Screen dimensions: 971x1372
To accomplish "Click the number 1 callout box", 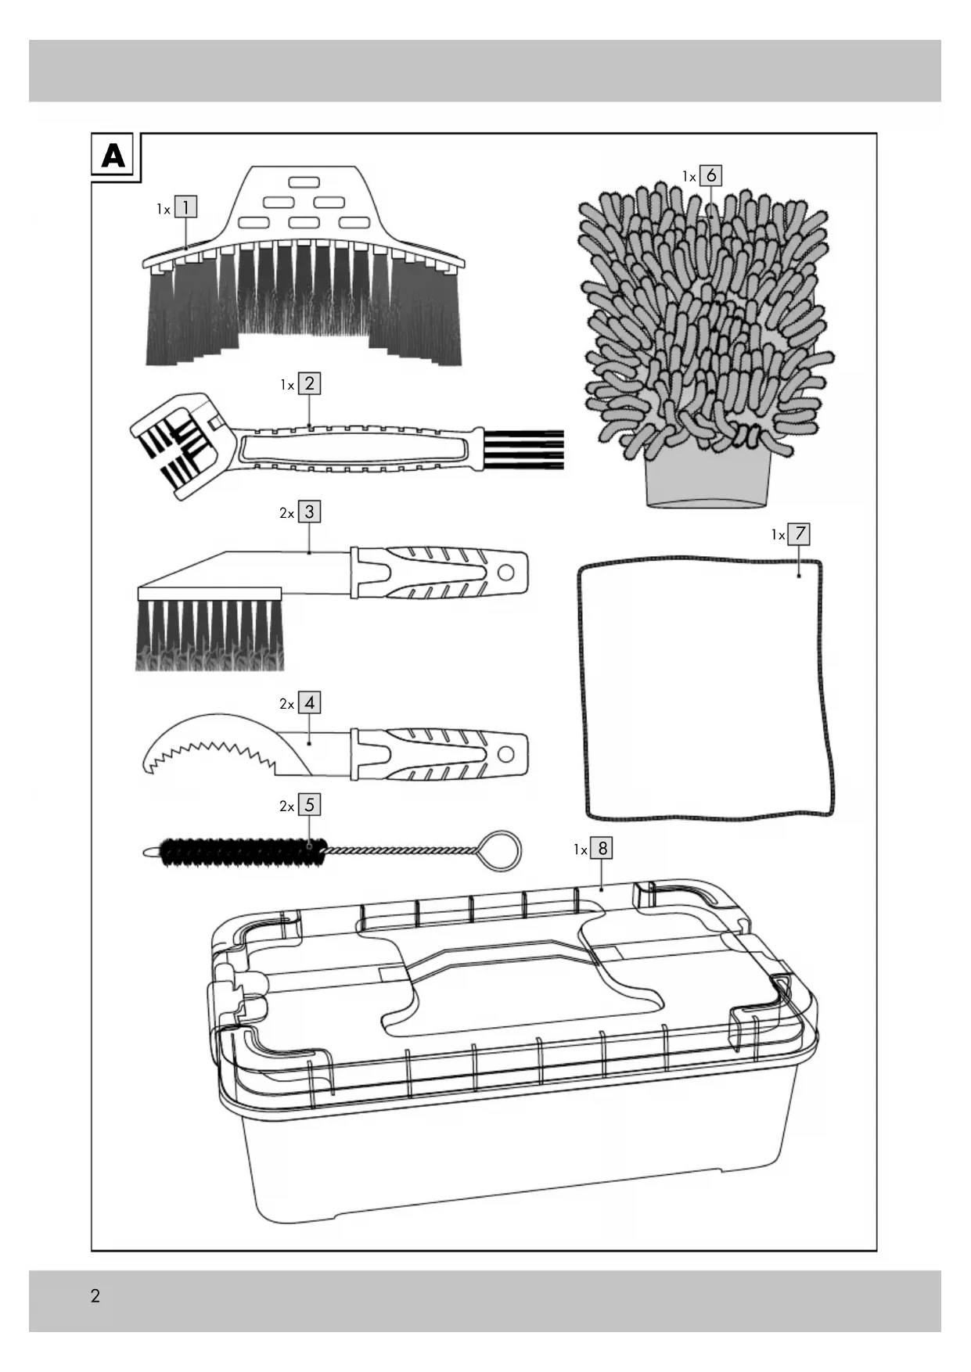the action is click(x=185, y=207).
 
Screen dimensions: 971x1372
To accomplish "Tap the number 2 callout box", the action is click(x=310, y=383).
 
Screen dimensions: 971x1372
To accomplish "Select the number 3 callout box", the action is click(x=310, y=512).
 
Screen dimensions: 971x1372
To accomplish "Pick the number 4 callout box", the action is click(x=310, y=702).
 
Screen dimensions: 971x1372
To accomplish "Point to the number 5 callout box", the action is click(x=310, y=804).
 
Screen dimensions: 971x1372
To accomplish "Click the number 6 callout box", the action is click(x=710, y=175).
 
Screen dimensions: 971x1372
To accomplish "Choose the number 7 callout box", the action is click(x=799, y=534).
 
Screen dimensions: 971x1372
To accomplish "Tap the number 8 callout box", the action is click(x=602, y=848).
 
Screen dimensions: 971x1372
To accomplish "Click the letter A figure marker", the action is click(x=113, y=156).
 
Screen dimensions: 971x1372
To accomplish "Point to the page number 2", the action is click(x=95, y=1295).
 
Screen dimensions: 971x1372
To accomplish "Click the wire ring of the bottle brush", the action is click(x=500, y=851).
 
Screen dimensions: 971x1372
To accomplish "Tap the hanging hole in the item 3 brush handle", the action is click(x=505, y=573).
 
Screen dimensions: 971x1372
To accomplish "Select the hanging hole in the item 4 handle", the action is click(x=505, y=754).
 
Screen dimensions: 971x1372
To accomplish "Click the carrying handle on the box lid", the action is click(x=501, y=957).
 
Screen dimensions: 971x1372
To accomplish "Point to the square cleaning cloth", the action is click(x=704, y=688).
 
